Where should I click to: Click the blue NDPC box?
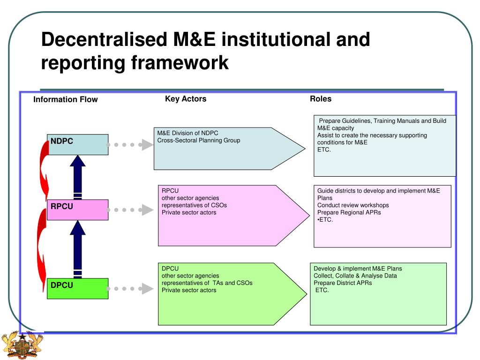[78, 144]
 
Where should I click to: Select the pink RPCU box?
[78, 210]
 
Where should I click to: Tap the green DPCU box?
[78, 288]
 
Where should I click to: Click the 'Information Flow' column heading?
[66, 99]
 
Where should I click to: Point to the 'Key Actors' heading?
[186, 99]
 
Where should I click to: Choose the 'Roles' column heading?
[321, 99]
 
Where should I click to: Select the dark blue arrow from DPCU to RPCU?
[78, 248]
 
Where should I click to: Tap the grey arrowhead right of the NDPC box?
[148, 145]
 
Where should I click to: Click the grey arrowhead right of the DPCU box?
[148, 289]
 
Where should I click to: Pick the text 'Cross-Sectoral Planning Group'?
[199, 140]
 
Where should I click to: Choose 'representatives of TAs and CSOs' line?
[207, 283]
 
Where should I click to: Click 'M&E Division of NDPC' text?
[188, 133]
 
